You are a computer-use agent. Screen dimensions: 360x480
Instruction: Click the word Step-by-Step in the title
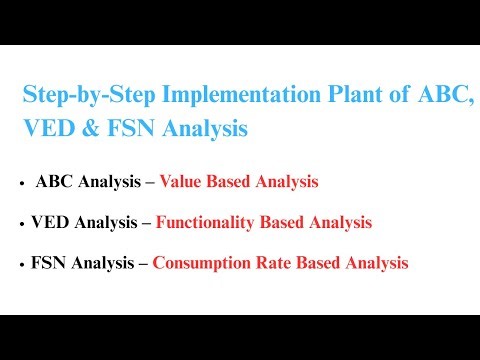(82, 97)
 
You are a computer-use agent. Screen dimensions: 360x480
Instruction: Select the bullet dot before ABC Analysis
(21, 185)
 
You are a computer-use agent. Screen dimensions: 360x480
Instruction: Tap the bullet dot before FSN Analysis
(21, 265)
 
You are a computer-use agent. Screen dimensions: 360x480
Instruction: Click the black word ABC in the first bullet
(54, 183)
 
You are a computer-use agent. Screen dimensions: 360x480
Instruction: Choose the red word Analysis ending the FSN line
(377, 263)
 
